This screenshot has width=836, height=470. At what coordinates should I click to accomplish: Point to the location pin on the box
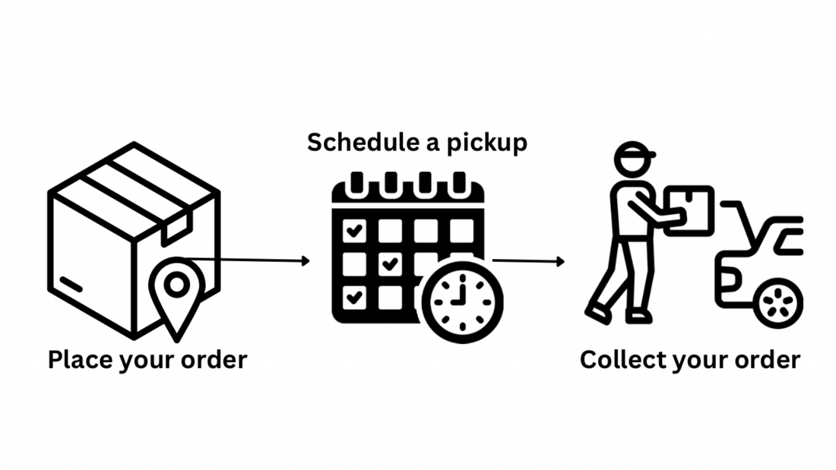pyautogui.click(x=177, y=288)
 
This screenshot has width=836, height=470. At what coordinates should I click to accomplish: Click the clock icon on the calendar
pyautogui.click(x=462, y=298)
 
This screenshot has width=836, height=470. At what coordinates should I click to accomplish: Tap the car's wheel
pyautogui.click(x=777, y=302)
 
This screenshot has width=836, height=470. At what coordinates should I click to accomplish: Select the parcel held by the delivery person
pyautogui.click(x=689, y=206)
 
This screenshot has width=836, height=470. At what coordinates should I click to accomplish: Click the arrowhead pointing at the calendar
pyautogui.click(x=306, y=261)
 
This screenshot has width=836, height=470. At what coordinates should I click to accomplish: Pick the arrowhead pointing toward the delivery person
pyautogui.click(x=561, y=262)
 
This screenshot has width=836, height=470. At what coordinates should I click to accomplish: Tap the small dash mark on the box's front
pyautogui.click(x=72, y=285)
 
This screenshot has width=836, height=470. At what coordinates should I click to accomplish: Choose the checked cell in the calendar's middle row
pyautogui.click(x=390, y=264)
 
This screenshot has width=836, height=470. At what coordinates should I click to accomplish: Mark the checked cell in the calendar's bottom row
pyautogui.click(x=354, y=297)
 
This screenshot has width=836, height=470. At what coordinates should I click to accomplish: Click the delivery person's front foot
pyautogui.click(x=597, y=313)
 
